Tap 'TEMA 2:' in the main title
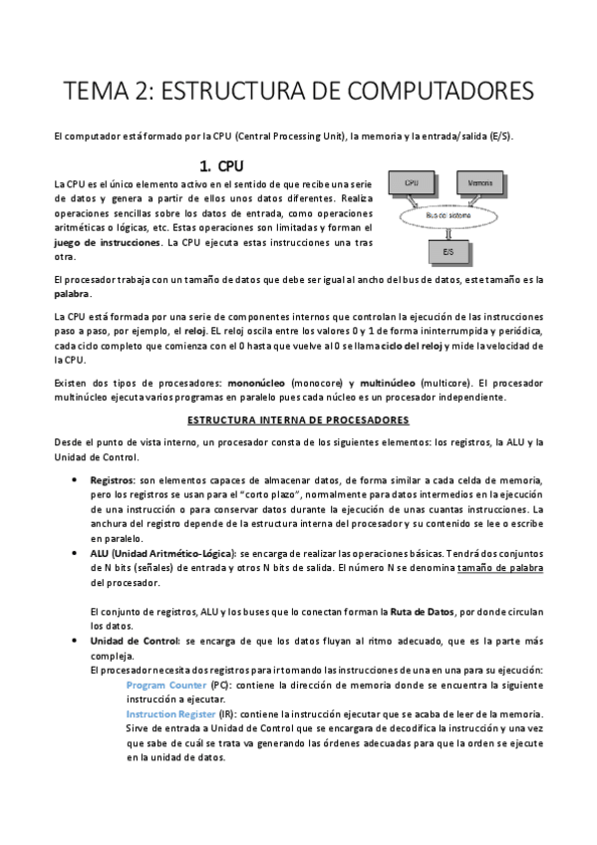coord(104,92)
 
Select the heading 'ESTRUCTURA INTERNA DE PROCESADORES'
coord(299,421)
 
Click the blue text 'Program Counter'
coord(166,686)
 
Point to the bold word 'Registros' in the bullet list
coord(112,479)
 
